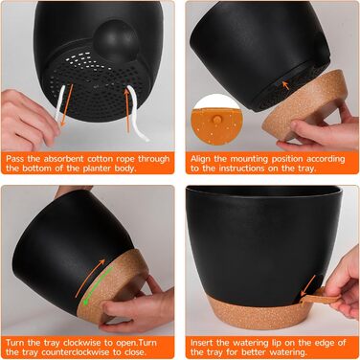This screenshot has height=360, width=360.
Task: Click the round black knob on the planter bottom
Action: pyautogui.click(x=116, y=40)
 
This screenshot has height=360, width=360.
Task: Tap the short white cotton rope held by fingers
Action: pyautogui.click(x=59, y=103)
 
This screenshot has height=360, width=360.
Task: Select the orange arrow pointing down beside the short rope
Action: pyautogui.click(x=67, y=104)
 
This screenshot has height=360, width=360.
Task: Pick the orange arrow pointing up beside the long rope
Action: pyautogui.click(x=127, y=110)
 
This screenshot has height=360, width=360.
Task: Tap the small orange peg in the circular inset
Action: pyautogui.click(x=216, y=120)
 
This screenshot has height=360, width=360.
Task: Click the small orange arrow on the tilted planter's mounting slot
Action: pyautogui.click(x=286, y=85)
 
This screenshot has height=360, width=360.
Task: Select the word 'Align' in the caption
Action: pyautogui.click(x=201, y=159)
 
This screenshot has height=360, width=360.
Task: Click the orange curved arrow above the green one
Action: pyautogui.click(x=90, y=277)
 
